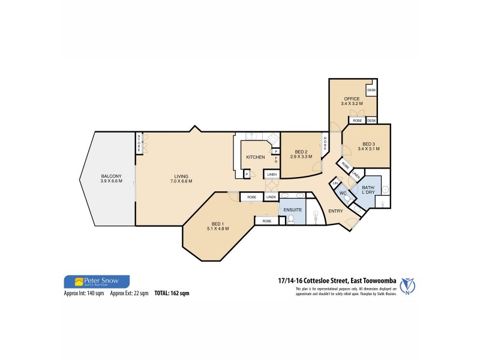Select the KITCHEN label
pos(256,157)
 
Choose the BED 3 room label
pos(369,145)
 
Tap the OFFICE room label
pos(351,101)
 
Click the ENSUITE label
pos(293,210)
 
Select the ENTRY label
pos(335,211)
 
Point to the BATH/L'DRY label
pos(368,191)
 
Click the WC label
pos(344,193)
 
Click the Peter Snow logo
pos(96,281)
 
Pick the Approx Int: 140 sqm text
pos(85,294)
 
